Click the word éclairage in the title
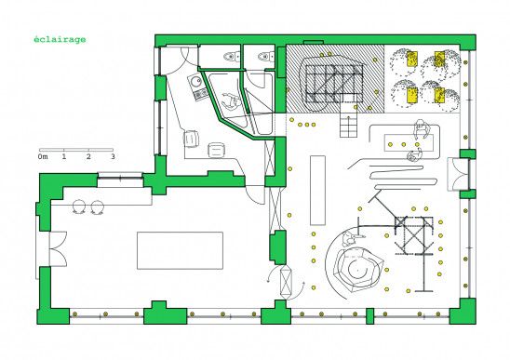(x=60, y=40)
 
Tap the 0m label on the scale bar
(x=43, y=157)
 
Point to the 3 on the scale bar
(x=114, y=156)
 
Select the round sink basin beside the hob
(x=195, y=82)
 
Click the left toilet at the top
(x=232, y=57)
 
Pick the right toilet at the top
(x=266, y=57)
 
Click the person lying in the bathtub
(x=231, y=100)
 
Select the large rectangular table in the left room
(x=180, y=250)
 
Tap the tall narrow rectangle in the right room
(x=317, y=191)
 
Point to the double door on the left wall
(x=58, y=249)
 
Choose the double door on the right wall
(x=457, y=174)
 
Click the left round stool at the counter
(x=79, y=207)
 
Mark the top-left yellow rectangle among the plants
(x=411, y=59)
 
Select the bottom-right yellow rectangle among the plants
(x=439, y=95)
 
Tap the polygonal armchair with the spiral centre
(x=357, y=268)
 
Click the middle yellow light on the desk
(x=404, y=144)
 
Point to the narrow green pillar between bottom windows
(x=369, y=316)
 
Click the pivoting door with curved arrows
(x=287, y=282)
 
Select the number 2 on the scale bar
(x=88, y=156)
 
